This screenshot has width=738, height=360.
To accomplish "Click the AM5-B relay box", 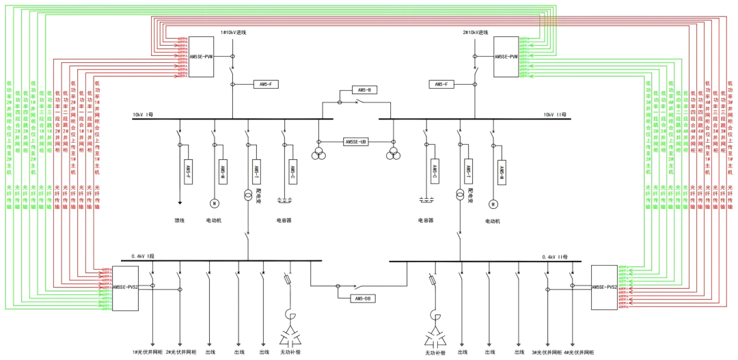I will tap(363, 90).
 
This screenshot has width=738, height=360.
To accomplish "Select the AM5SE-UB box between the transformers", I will tap(356, 142).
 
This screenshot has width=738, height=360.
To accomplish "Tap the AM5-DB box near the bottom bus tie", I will tap(362, 299).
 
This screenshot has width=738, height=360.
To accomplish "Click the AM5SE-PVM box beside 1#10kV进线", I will tap(201, 57).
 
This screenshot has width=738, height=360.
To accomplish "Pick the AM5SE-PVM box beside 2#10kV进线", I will tap(506, 57).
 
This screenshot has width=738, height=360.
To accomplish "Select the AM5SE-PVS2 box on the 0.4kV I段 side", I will tap(125, 288).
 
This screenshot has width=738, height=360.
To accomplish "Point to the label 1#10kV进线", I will tap(233, 32).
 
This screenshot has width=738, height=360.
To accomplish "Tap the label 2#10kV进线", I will tap(475, 32).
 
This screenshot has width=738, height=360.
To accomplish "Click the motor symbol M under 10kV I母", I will tap(213, 203).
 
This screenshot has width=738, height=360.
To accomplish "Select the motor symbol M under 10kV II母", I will tap(492, 204).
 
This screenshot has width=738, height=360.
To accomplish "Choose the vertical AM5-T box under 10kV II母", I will tap(468, 170).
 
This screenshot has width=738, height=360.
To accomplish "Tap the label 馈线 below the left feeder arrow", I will tap(180, 221).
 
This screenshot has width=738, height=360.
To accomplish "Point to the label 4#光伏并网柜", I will tap(578, 352).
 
